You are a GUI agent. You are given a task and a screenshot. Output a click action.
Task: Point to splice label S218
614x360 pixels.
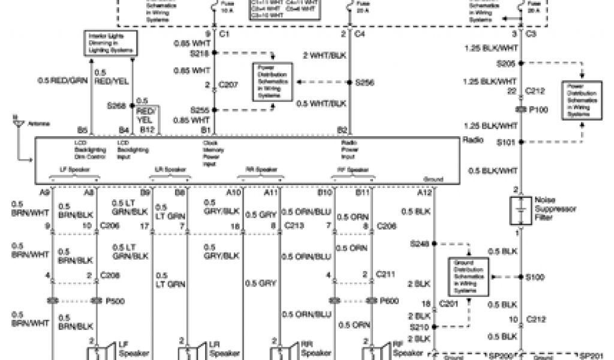pyautogui.click(x=199, y=53)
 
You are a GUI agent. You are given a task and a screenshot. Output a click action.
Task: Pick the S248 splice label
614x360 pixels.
pyautogui.click(x=419, y=244)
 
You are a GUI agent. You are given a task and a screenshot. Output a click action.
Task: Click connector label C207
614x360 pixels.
pyautogui.click(x=230, y=85)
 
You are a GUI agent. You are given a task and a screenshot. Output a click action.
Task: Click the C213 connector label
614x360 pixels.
pyautogui.click(x=294, y=226)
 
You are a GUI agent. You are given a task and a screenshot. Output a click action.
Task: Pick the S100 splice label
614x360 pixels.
pyautogui.click(x=535, y=277)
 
